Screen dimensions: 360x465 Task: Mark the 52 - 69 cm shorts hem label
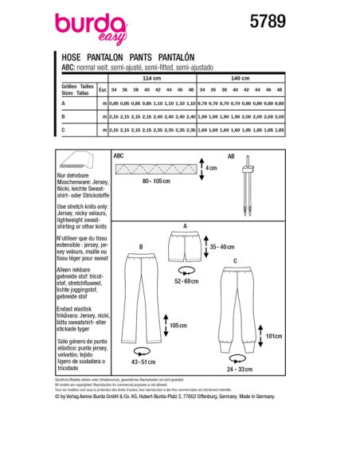pyautogui.click(x=188, y=281)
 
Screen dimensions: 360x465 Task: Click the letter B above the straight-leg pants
pyautogui.click(x=140, y=247)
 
